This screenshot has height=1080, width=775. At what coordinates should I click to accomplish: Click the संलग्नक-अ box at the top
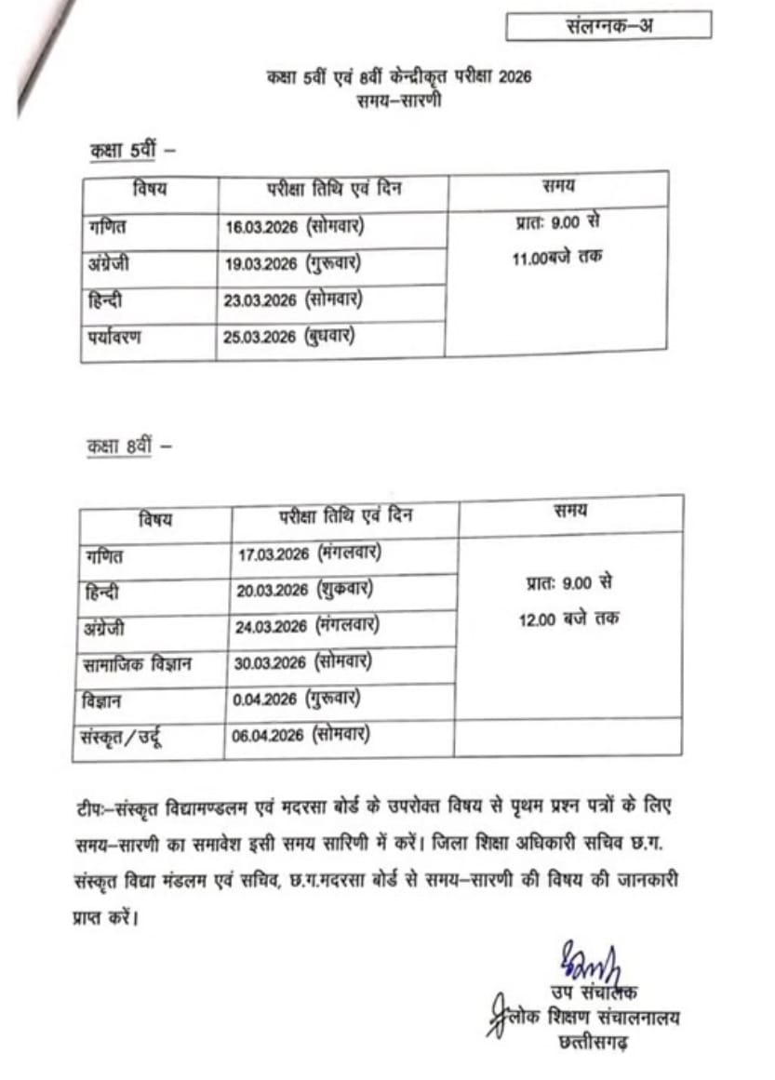pos(608,26)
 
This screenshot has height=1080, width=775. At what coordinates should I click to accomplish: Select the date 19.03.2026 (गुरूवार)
pos(293,264)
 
